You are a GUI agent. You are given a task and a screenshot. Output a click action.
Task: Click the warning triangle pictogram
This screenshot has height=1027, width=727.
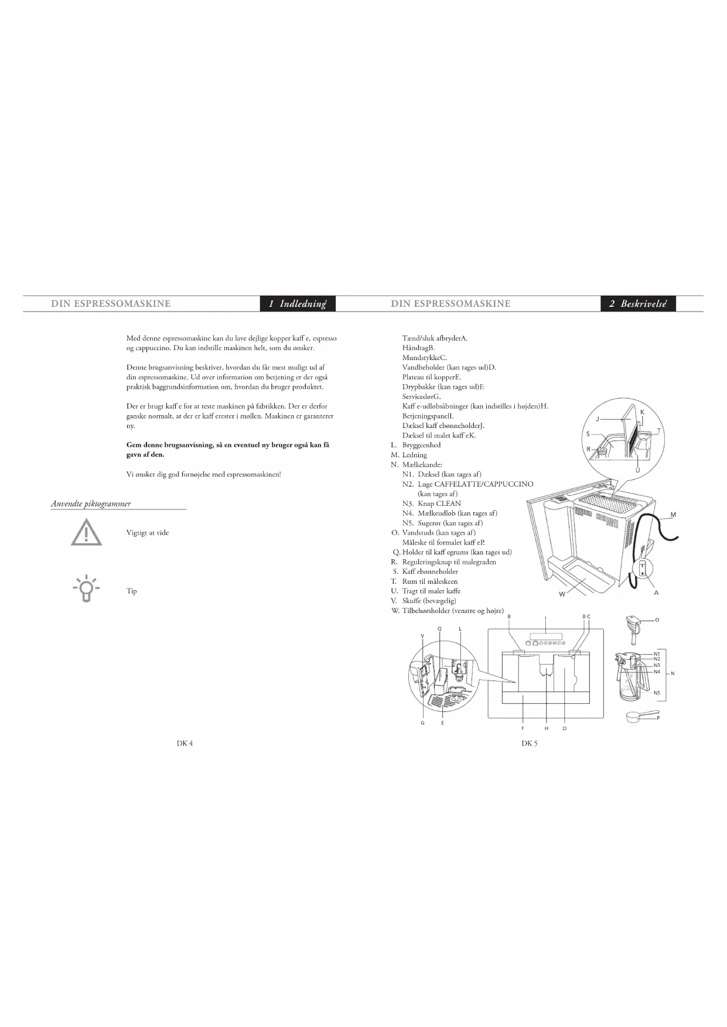(86, 533)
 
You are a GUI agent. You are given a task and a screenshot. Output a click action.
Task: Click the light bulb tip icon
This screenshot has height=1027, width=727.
(86, 589)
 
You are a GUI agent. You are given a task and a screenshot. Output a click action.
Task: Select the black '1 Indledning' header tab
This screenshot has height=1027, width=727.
(298, 303)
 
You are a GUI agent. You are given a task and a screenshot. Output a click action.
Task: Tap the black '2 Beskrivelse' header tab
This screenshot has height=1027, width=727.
(638, 303)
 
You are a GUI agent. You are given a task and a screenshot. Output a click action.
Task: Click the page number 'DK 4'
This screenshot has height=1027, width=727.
(185, 743)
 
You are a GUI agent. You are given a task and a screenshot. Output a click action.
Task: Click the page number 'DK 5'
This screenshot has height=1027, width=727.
(530, 743)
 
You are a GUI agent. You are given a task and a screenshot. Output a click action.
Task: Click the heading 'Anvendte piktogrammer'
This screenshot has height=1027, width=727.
(91, 504)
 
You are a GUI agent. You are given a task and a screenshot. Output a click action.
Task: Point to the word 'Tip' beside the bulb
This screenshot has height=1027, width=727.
(132, 591)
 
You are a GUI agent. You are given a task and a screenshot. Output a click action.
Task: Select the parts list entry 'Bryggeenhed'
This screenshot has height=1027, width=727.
(421, 445)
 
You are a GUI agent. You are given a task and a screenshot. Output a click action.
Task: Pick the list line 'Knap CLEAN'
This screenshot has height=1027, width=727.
(439, 504)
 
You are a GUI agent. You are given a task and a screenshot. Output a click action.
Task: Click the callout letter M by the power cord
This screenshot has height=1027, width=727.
(673, 515)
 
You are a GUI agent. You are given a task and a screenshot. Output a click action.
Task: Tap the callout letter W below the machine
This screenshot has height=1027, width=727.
(562, 594)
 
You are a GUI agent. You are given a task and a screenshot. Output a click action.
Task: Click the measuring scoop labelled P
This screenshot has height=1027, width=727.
(637, 716)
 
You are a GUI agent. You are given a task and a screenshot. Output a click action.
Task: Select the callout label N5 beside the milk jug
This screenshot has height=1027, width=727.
(657, 693)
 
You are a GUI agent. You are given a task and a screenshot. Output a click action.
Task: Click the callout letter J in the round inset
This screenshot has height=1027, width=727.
(597, 419)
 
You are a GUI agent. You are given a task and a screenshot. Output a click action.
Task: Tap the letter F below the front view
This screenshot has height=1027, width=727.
(523, 728)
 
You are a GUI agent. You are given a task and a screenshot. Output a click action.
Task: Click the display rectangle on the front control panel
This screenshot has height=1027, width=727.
(545, 636)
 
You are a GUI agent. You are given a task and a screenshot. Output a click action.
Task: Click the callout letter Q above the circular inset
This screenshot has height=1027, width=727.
(439, 629)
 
